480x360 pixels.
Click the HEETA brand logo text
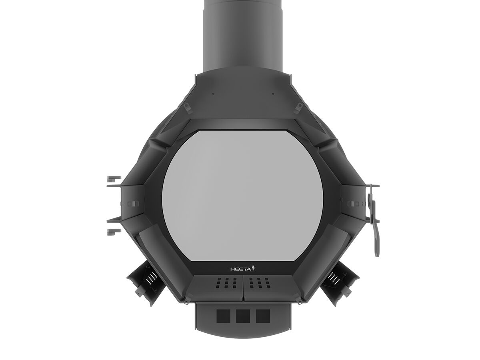point(241,269)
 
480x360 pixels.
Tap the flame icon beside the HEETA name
point(253,268)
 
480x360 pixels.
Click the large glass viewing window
point(242,196)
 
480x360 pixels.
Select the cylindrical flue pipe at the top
point(243,36)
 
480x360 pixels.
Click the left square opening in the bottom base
point(223,316)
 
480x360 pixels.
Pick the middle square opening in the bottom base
point(243,316)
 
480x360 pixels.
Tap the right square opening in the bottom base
point(263,316)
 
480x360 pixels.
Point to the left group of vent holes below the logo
point(226,283)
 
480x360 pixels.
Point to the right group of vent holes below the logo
point(260,283)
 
